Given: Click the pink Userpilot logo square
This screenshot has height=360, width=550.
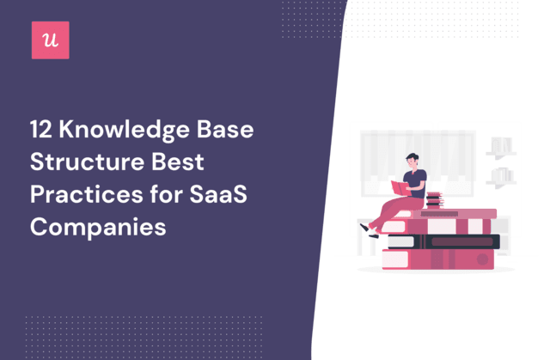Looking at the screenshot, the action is click(x=51, y=40).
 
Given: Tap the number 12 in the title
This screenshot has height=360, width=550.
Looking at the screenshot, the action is click(x=41, y=130).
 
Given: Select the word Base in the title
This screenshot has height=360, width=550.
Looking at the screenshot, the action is click(x=225, y=130).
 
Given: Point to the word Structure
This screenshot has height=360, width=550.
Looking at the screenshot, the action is click(x=88, y=162).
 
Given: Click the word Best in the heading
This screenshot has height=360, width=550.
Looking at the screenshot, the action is click(x=178, y=162).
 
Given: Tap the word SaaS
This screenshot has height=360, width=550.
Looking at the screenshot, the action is click(x=218, y=194).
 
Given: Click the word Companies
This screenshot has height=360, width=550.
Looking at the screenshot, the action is click(x=98, y=228).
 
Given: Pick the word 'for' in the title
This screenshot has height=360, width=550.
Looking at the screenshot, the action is click(x=166, y=194).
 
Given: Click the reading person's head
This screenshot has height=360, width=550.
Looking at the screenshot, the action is click(x=412, y=160).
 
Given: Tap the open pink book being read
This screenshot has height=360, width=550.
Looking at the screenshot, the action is click(x=400, y=188).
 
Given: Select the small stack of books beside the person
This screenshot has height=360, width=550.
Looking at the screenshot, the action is click(x=435, y=200).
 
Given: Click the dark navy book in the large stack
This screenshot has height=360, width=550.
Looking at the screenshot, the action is click(x=443, y=241).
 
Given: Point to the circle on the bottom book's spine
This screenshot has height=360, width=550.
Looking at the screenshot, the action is click(x=482, y=259).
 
